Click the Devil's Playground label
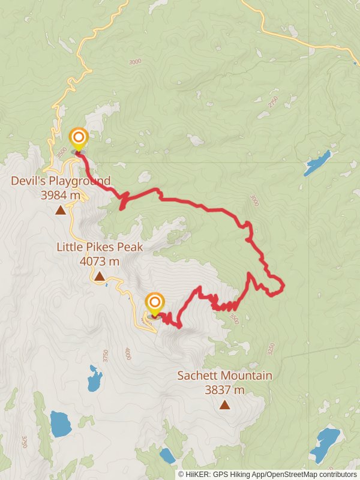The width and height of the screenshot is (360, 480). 61,181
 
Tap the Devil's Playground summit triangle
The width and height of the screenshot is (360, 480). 60,210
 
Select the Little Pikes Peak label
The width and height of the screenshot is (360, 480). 100,247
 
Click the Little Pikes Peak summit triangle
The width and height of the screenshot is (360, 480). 100,276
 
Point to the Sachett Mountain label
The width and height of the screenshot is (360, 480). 224,376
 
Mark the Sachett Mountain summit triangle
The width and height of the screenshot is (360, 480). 224,405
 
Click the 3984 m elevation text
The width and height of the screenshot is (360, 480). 61,195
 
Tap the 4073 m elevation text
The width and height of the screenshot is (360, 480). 100,261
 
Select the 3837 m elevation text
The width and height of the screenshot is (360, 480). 224,390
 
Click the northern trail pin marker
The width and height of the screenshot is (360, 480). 78,139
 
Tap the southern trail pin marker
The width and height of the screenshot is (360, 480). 155,302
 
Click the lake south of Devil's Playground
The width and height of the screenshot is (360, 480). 94,378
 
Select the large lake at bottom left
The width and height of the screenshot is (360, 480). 60,424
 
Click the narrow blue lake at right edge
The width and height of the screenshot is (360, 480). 317,163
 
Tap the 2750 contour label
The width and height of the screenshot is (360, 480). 274,102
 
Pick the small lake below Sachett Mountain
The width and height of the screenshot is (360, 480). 167,455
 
